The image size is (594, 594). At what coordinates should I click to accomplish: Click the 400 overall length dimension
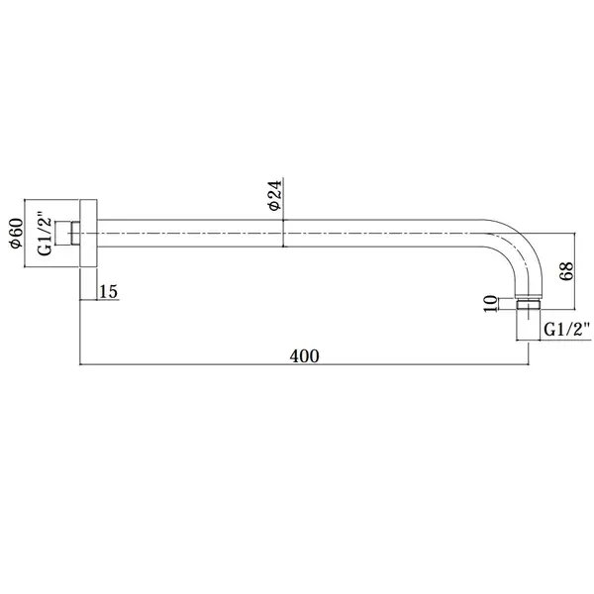click(304, 356)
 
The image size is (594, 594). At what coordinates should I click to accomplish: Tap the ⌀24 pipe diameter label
click(274, 195)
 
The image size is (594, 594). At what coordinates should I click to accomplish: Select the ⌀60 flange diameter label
click(16, 233)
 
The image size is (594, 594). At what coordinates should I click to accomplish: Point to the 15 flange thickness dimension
click(108, 292)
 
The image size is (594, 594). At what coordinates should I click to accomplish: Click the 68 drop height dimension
click(566, 271)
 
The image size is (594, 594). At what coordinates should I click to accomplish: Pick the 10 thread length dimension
click(491, 304)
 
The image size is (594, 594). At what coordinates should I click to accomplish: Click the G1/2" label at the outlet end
click(567, 330)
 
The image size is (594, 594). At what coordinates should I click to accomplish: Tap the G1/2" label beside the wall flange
click(45, 233)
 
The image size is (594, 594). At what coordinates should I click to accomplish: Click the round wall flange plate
click(88, 233)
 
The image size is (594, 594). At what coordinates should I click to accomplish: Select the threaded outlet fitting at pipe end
click(528, 305)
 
